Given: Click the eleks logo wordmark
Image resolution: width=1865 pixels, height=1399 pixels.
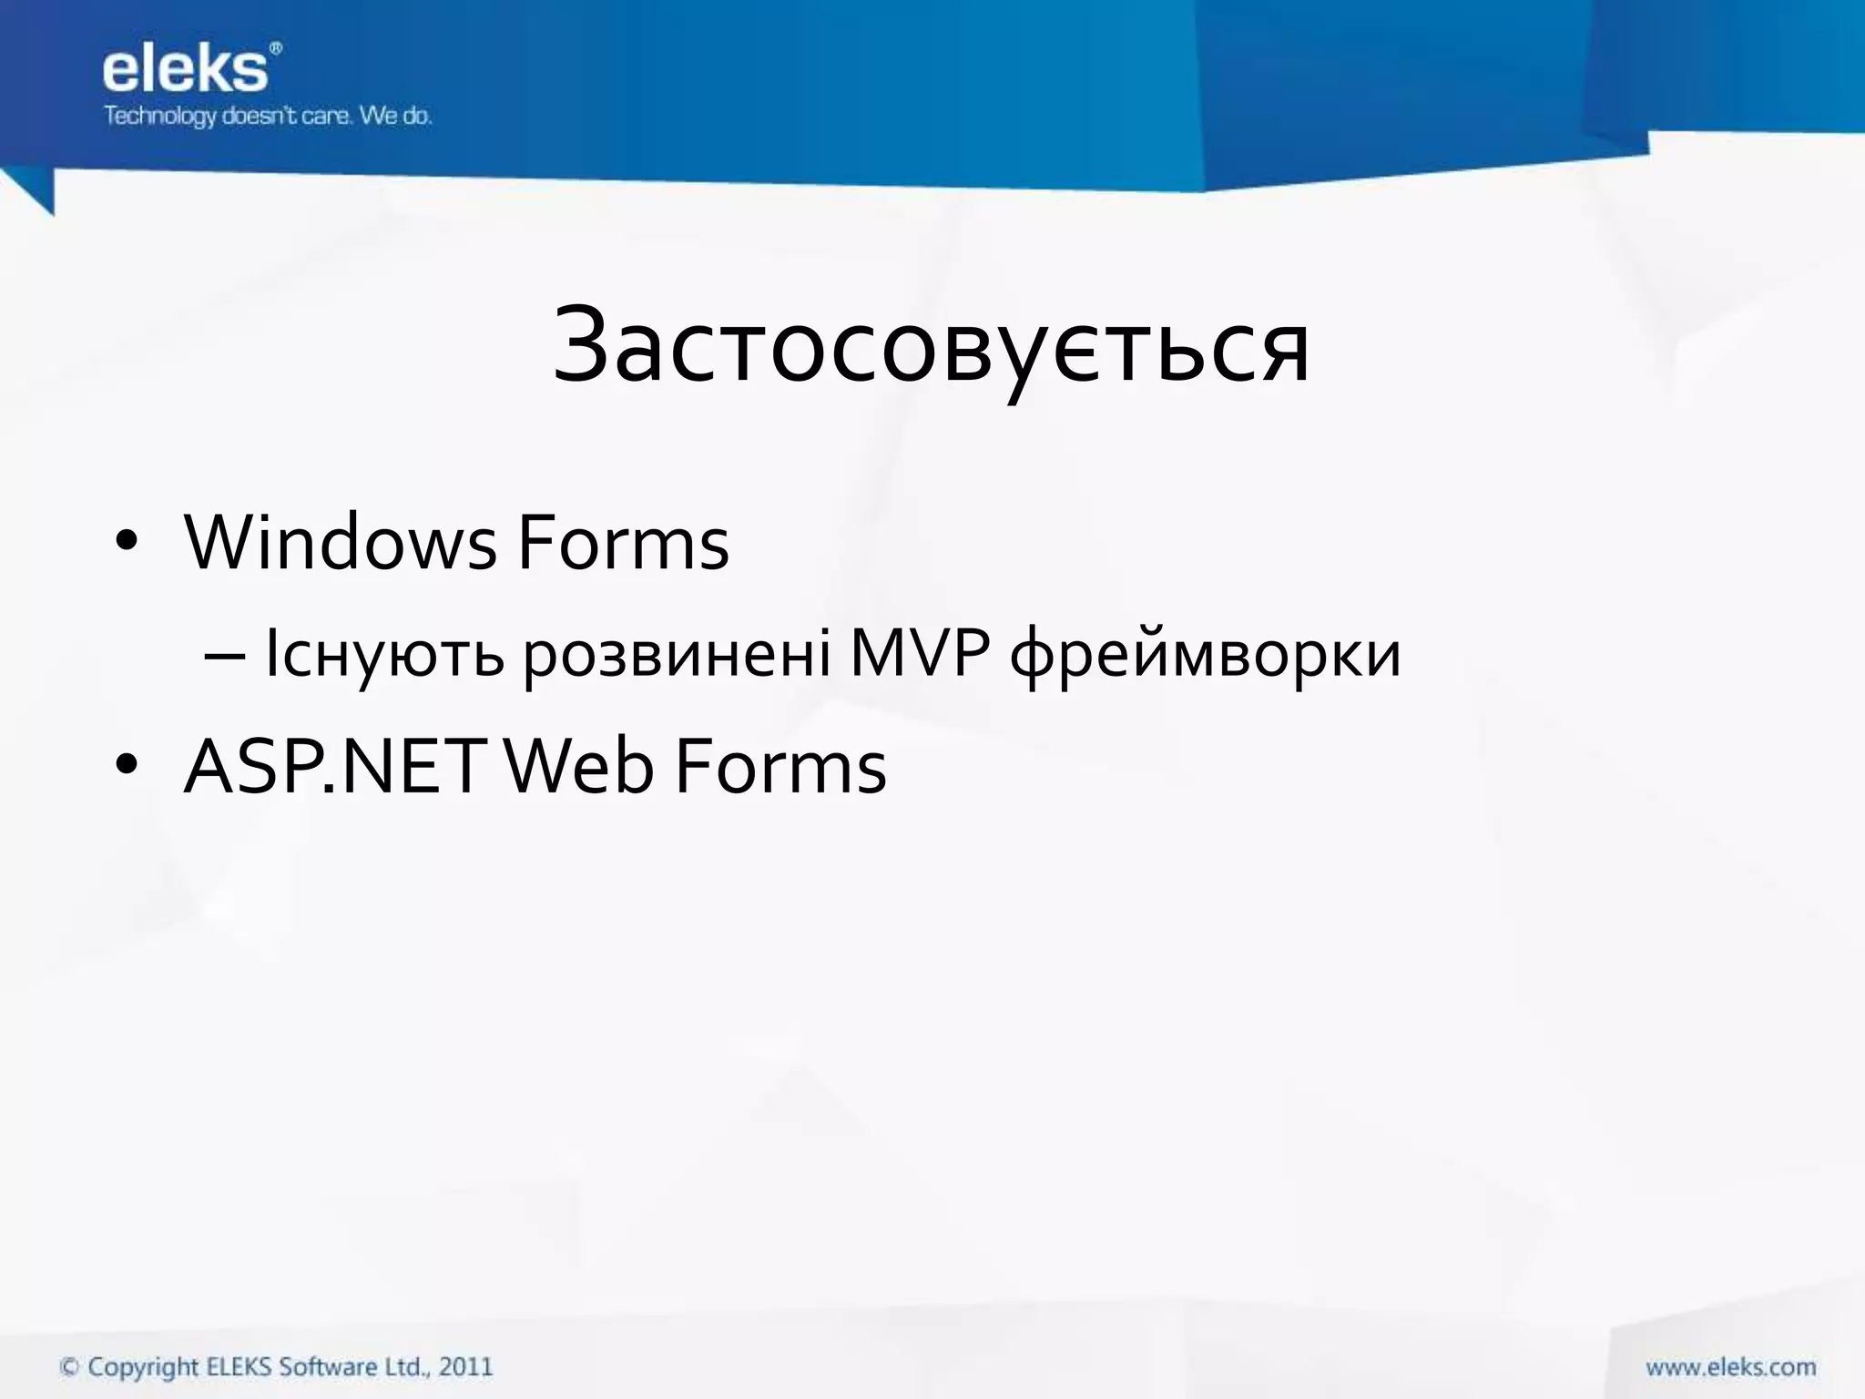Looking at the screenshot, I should [185, 71].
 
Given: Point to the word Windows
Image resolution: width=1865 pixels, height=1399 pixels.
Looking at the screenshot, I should [341, 544].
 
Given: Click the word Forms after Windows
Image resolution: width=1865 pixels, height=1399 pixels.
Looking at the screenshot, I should [624, 544].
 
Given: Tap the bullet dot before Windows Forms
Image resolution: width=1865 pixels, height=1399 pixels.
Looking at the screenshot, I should [127, 544].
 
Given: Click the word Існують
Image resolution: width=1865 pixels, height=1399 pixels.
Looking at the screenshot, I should [383, 655].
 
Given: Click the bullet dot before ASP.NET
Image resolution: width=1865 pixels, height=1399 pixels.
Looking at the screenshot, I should [127, 766].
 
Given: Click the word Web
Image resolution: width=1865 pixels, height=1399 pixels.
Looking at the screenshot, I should [579, 767].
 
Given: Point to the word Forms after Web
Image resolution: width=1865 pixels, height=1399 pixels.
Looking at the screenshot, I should [780, 767].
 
